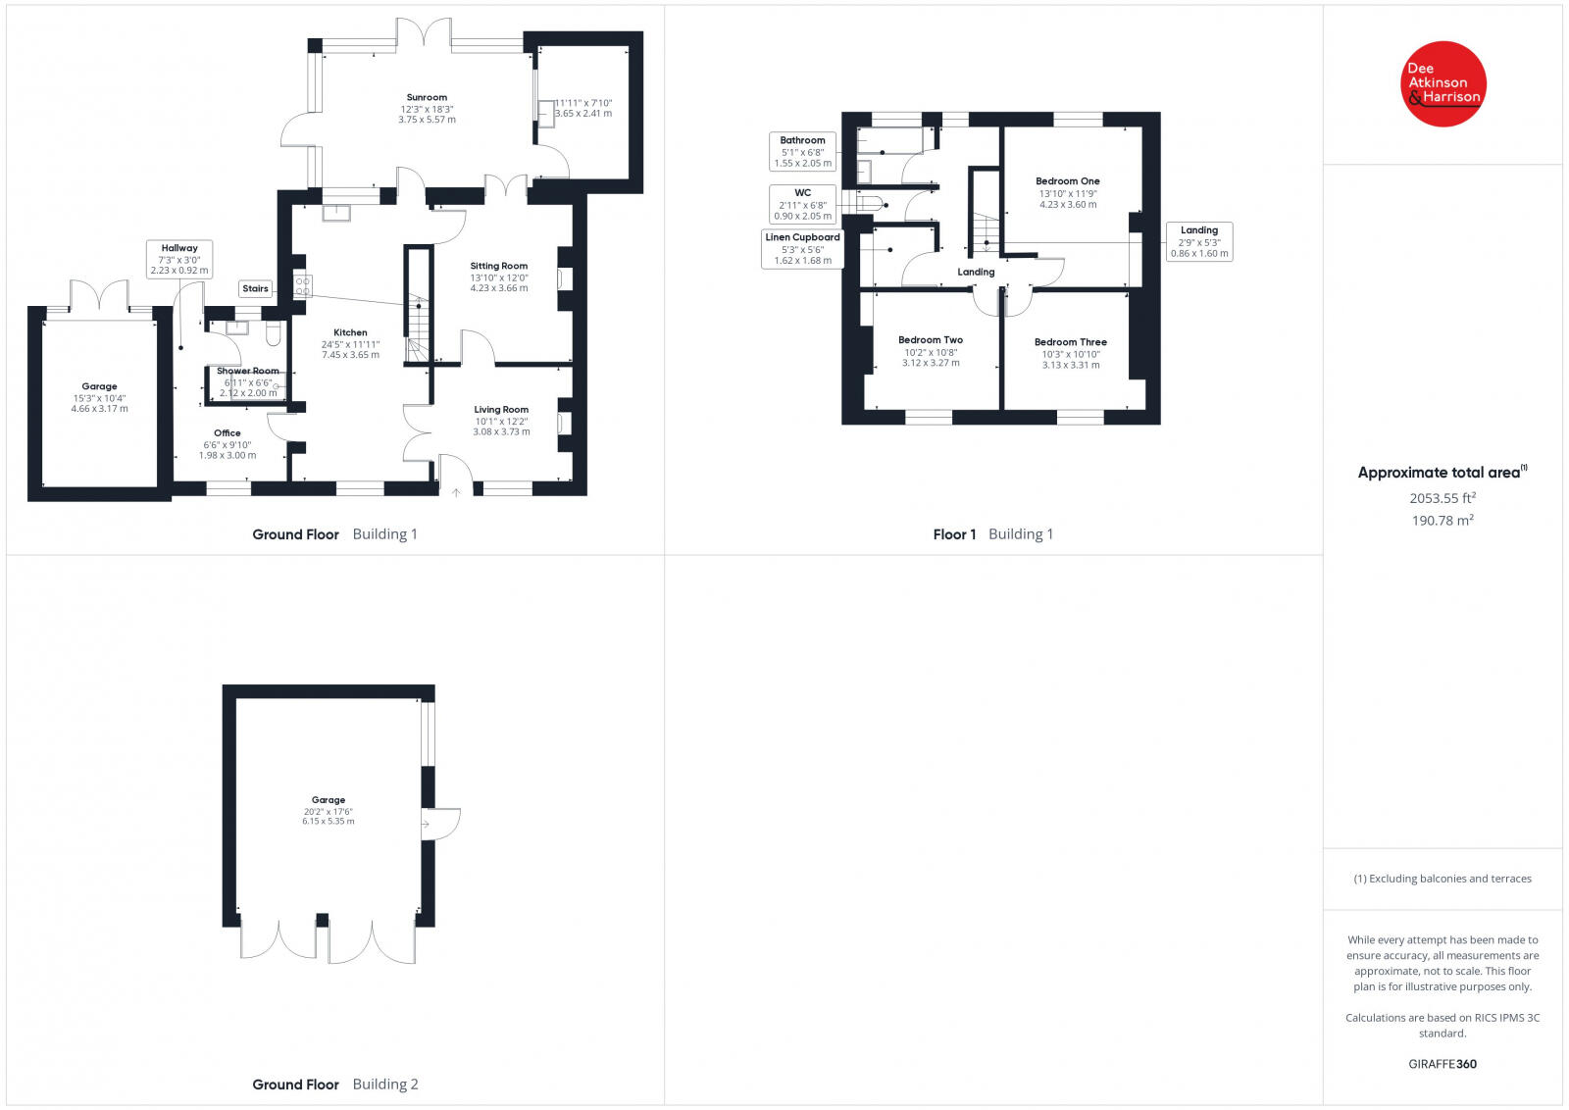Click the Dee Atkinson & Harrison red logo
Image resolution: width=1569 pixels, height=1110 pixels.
coord(1442,83)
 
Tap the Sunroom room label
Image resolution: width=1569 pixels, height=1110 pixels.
coord(427,98)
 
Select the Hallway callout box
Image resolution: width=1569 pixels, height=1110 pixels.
coord(178,259)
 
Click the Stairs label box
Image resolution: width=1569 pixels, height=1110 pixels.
coord(255,288)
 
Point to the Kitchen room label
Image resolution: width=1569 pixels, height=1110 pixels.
coord(350,333)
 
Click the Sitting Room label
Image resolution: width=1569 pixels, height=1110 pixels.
coord(498,266)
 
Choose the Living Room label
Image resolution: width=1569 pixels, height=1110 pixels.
coord(501,410)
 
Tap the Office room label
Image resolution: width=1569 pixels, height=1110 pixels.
coord(227,433)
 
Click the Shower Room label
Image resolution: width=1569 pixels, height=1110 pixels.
coord(247,372)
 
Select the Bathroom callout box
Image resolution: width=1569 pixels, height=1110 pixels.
coord(802,152)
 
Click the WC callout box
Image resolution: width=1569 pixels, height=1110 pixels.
coord(802,204)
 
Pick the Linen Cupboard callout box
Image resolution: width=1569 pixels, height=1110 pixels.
coord(802,249)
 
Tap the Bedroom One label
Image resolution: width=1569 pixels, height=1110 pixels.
coord(1067,181)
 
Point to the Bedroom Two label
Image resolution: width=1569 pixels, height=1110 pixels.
coord(930,340)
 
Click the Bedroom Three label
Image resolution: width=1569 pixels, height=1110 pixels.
coord(1070,342)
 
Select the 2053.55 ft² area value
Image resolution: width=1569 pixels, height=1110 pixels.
coord(1442,498)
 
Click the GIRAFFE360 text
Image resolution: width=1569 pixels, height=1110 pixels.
coord(1442,1064)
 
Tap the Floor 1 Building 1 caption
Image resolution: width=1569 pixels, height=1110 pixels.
coord(992,534)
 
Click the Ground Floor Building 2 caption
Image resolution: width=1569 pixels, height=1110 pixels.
coord(334,1085)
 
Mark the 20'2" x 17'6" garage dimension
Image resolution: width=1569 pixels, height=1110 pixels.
coord(328,811)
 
